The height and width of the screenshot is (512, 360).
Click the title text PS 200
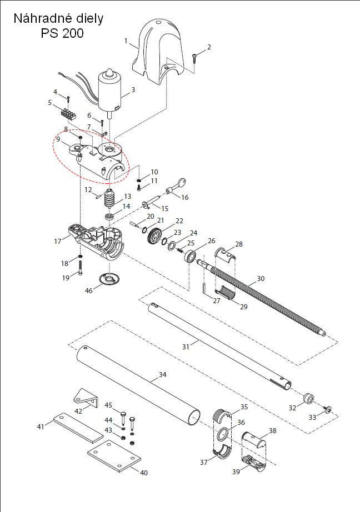click(62, 33)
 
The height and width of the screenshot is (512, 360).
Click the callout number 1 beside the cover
click(126, 41)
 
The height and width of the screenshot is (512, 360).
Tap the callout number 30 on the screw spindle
click(261, 278)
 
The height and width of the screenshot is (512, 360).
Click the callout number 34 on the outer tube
click(162, 375)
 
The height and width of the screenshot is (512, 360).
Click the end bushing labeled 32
click(308, 399)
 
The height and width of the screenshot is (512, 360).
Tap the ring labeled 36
click(224, 434)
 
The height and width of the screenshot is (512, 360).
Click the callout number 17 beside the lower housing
click(58, 241)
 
